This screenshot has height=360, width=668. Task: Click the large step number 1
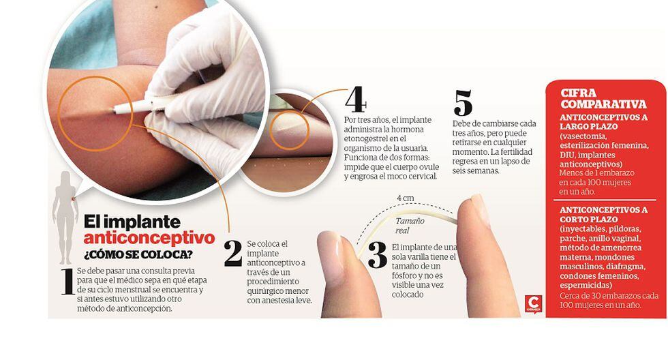[67, 281]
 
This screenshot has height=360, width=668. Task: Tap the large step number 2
[233, 254]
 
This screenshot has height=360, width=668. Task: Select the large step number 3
[378, 255]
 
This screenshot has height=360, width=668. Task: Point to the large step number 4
[355, 100]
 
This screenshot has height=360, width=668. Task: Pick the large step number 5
[463, 103]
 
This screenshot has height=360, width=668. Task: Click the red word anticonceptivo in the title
[149, 238]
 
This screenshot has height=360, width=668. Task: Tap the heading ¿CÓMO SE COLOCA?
[138, 254]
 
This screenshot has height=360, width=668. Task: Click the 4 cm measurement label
[405, 198]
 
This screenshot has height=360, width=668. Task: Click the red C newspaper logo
[533, 304]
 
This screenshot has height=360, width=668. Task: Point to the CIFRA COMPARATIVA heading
[603, 98]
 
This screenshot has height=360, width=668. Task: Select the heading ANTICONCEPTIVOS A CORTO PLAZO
[604, 214]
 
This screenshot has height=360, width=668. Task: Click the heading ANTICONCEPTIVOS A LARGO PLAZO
[604, 121]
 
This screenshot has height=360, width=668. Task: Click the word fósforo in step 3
[404, 275]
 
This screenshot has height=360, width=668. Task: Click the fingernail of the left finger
[331, 258]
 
